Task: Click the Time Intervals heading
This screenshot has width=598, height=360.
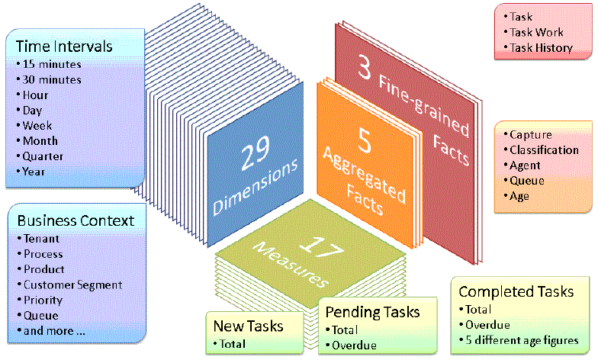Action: pos(64,46)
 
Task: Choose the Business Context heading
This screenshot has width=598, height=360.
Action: pos(76,220)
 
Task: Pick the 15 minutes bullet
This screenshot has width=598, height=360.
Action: pos(51,64)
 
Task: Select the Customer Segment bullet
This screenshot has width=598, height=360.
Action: pos(72,284)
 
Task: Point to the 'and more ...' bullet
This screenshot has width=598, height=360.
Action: pos(53,330)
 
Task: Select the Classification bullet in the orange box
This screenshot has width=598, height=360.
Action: pos(544,149)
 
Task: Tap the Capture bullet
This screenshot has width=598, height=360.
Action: pos(530,134)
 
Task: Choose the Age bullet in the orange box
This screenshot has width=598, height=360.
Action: pos(519,195)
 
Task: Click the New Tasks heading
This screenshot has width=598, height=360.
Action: pos(248,326)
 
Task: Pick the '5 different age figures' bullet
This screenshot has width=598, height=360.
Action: pos(524,340)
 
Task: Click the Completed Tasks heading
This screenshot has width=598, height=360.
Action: pos(516,291)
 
